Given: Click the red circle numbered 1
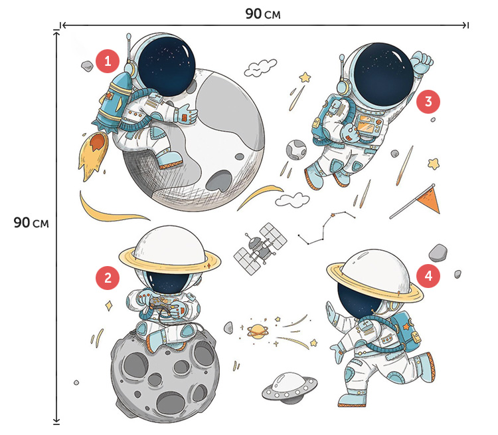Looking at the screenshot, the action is coord(108,61).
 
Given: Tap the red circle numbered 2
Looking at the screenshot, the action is coord(108,278).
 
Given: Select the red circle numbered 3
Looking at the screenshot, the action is coord(428,102).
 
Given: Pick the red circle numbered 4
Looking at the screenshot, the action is coord(428,275).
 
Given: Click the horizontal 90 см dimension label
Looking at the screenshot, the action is coord(263,14).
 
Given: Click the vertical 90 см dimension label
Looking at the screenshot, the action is coord(31,223).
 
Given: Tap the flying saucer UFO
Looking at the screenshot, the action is coord(290,388).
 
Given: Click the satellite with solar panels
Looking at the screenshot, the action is coord(260,249).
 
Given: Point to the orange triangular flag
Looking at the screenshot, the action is coord(429,200).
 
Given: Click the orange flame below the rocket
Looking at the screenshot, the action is coord(93,156).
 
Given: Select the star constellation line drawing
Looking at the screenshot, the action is coord(326,228).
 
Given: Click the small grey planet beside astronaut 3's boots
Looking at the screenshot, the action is coord(296,150).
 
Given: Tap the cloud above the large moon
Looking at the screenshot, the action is coord(260,67).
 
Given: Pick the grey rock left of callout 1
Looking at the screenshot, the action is coord(87,66).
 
